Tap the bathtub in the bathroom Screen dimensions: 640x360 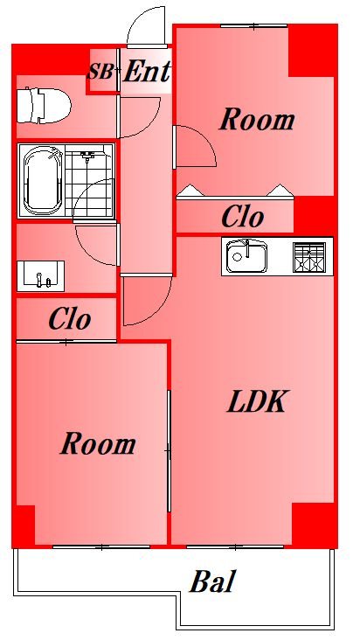pyautogui.click(x=41, y=181)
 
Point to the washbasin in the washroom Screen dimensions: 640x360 pyautogui.click(x=40, y=275)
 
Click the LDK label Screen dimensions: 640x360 pyautogui.click(x=256, y=402)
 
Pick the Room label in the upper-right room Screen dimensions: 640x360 pyautogui.click(x=256, y=119)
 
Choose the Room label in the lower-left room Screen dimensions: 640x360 pyautogui.click(x=97, y=444)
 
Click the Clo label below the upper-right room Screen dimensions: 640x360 pyautogui.click(x=243, y=217)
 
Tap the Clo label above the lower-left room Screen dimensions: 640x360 pyautogui.click(x=69, y=319)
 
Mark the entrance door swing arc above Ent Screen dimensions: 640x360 pyautogui.click(x=145, y=26)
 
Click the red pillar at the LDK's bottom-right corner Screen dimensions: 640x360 pyautogui.click(x=314, y=525)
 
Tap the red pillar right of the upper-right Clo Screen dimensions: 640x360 pyautogui.click(x=315, y=212)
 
